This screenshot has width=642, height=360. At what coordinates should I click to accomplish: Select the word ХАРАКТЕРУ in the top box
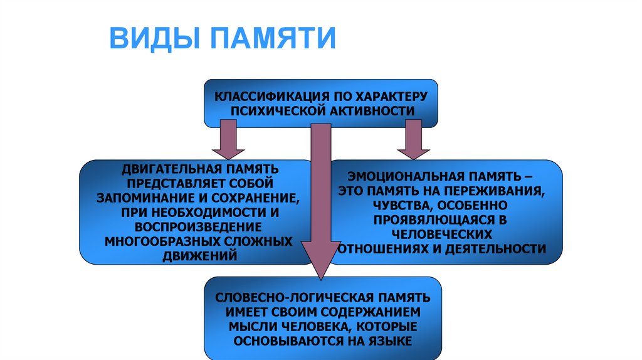click(391, 97)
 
